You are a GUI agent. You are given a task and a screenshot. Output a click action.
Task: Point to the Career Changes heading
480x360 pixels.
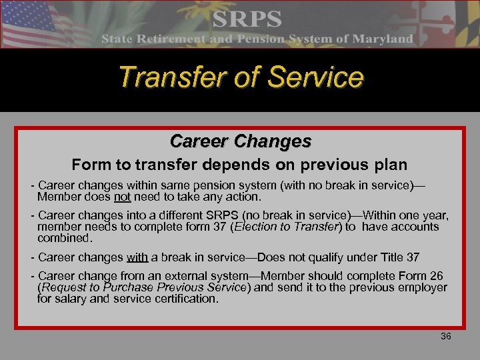coord(240,141)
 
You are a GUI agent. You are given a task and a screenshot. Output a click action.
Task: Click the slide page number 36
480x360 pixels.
coord(445,336)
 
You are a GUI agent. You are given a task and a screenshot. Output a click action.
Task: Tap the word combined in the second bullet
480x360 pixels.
coord(63,237)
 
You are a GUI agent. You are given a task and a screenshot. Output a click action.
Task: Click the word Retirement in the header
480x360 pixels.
coord(172,39)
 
